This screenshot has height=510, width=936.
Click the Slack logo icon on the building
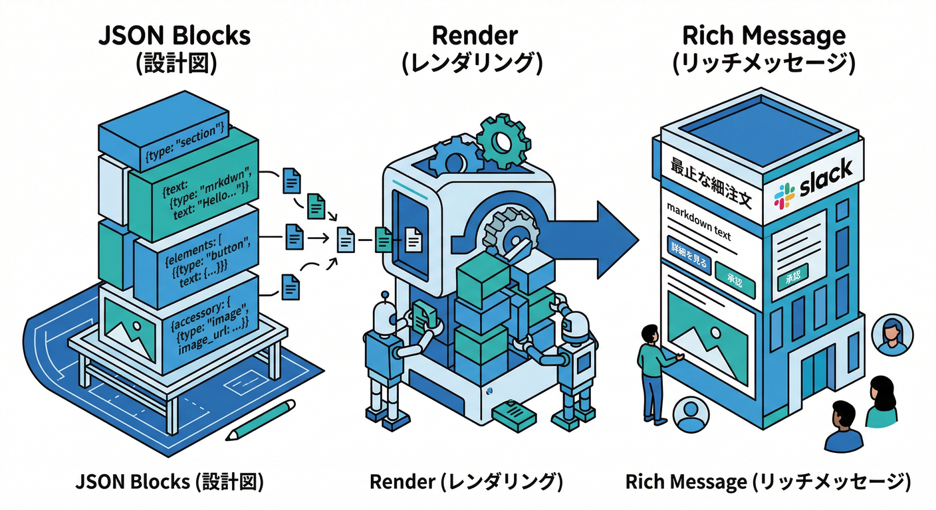coord(784,195)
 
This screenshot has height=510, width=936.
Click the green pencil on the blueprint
coord(260,420)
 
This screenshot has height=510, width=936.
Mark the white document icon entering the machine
coord(413,238)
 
